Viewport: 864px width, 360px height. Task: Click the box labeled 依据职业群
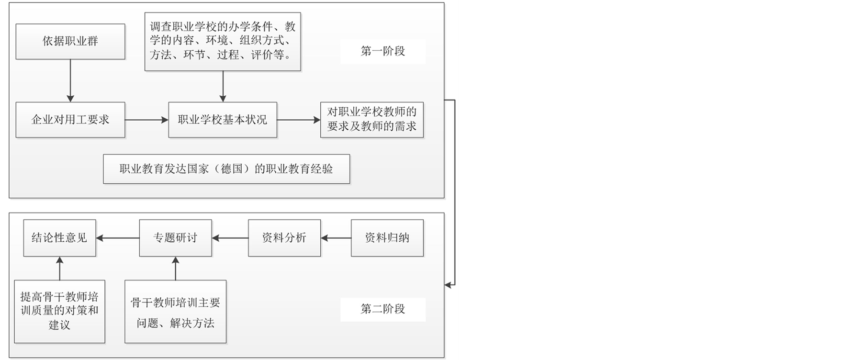pos(70,42)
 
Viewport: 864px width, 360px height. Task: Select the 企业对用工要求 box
pos(70,120)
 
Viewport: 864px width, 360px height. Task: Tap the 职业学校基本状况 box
pos(223,120)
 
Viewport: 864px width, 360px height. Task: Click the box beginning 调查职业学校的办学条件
pos(223,42)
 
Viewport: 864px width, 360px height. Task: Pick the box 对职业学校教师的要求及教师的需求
pos(372,120)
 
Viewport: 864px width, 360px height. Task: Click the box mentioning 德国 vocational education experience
pos(226,169)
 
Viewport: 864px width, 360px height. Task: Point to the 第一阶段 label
pos(383,51)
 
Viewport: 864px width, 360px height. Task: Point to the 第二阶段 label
pos(383,309)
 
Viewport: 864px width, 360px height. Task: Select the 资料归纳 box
pos(387,238)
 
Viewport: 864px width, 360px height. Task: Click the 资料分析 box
pos(284,238)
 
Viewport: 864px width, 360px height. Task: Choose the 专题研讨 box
pos(175,238)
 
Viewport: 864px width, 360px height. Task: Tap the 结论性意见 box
pos(59,238)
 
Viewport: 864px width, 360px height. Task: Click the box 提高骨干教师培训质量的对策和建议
pos(59,311)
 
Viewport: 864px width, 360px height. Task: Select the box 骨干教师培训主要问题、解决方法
pos(175,312)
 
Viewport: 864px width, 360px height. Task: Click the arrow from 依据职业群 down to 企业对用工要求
pos(70,80)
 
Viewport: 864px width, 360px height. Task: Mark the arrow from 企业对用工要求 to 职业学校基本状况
pos(146,120)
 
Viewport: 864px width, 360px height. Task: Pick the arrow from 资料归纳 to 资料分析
pos(336,238)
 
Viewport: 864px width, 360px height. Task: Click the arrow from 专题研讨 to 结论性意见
pos(117,238)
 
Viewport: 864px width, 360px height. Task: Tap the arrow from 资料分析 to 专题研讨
pos(230,238)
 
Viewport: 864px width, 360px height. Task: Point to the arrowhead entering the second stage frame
pos(448,285)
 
